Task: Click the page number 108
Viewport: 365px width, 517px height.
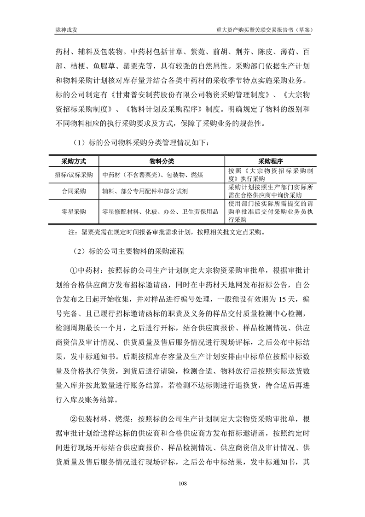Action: [182, 483]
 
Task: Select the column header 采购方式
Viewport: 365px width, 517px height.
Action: [74, 162]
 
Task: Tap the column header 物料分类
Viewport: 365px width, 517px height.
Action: [162, 162]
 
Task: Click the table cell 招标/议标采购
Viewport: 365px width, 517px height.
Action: [74, 175]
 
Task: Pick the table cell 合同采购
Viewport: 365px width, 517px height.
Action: [74, 190]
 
